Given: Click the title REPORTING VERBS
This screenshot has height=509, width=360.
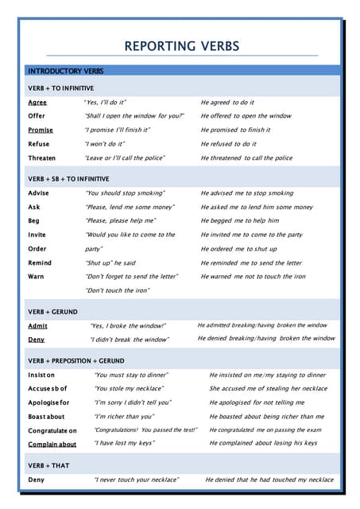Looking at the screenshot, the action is (x=182, y=46).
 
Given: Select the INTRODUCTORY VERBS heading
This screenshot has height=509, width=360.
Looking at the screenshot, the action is (x=65, y=72).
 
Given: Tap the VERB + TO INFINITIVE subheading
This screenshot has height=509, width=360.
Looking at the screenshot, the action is (x=60, y=88).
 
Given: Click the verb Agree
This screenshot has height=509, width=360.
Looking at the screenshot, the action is (x=37, y=103).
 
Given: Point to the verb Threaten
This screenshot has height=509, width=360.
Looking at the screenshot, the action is (x=42, y=158).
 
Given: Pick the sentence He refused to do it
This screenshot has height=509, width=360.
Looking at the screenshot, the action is (x=228, y=144).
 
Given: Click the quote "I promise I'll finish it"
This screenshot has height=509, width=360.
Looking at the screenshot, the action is (x=118, y=130).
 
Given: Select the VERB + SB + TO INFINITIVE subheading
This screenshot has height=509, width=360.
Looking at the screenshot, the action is (x=68, y=179).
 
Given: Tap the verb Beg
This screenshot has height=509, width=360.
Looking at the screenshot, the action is (x=34, y=220).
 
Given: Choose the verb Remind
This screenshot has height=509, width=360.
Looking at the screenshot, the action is (x=40, y=262).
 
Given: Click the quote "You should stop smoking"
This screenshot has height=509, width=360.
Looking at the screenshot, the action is (x=125, y=193).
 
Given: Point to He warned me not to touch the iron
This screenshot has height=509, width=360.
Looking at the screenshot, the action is (x=253, y=276).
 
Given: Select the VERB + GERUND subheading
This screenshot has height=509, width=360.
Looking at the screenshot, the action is (x=52, y=313).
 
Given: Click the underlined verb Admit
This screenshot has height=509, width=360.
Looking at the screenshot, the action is (x=37, y=326).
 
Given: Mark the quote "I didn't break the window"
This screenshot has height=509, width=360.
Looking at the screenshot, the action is (x=130, y=340).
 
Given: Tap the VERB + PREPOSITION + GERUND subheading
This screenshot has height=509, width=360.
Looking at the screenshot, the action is (x=75, y=361).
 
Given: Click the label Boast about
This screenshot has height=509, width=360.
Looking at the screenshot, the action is (x=47, y=416).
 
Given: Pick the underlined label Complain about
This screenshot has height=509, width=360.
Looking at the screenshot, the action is (x=52, y=444).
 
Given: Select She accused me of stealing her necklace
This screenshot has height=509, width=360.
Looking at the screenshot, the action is (x=268, y=389).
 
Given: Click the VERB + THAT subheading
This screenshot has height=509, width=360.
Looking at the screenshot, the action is (x=48, y=465).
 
